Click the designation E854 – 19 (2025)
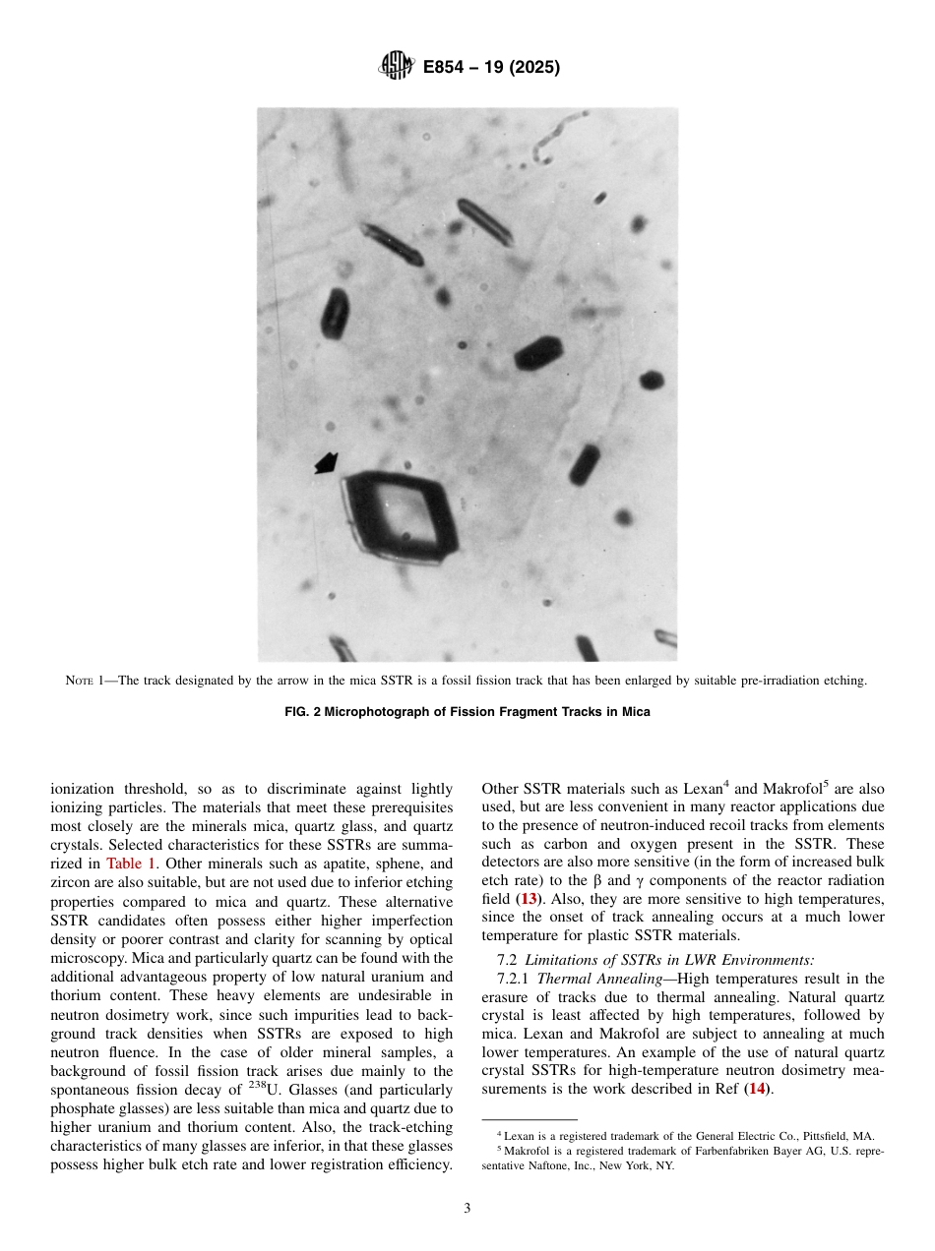(491, 68)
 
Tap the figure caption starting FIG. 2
(467, 711)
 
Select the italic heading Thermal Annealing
(598, 978)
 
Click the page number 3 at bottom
(467, 1209)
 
